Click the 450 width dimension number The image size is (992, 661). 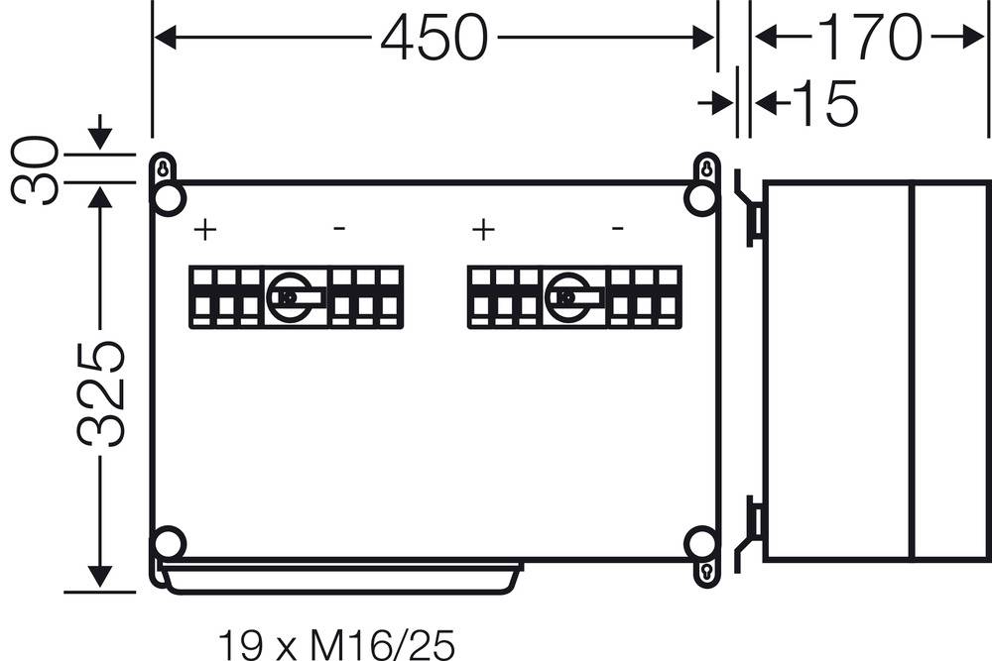pyautogui.click(x=434, y=40)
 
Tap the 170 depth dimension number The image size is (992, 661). pyautogui.click(x=868, y=38)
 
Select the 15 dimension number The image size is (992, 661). pyautogui.click(x=824, y=103)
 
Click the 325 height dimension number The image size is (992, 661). pyautogui.click(x=101, y=393)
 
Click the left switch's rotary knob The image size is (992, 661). pyautogui.click(x=290, y=296)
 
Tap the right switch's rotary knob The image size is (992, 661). pyautogui.click(x=567, y=296)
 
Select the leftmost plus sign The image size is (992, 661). pyautogui.click(x=204, y=231)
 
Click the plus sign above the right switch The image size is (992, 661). pyautogui.click(x=483, y=231)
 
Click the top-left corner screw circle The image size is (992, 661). pyautogui.click(x=170, y=200)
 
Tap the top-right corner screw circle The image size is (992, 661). pyautogui.click(x=701, y=200)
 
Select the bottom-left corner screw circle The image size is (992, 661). pyautogui.click(x=170, y=543)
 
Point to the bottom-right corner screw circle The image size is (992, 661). pyautogui.click(x=701, y=543)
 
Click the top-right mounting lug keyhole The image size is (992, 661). pyautogui.click(x=706, y=169)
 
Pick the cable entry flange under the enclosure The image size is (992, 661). pyautogui.click(x=341, y=577)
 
